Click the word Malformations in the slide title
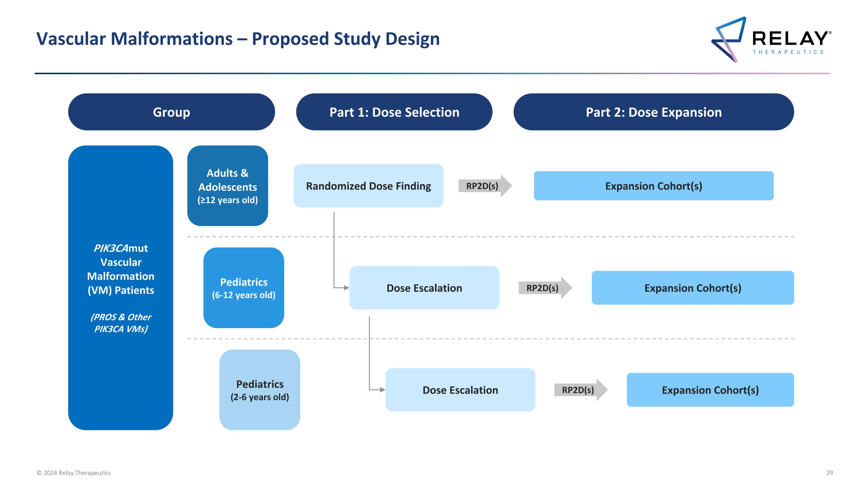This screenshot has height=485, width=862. tap(171, 39)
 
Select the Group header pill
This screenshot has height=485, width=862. tap(171, 112)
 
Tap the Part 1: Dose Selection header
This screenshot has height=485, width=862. tap(394, 112)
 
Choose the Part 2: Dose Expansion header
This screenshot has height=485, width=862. tap(653, 112)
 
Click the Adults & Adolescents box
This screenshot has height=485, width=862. tap(228, 185)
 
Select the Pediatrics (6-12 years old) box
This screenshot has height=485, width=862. tap(244, 287)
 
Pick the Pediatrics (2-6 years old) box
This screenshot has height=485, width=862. tap(260, 390)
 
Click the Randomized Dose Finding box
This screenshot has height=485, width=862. tap(368, 186)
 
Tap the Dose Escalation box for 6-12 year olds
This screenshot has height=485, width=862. tap(424, 288)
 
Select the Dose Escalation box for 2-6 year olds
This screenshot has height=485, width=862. tap(460, 390)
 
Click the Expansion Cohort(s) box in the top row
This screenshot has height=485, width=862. tap(653, 186)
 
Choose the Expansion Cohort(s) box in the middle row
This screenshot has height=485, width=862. tap(692, 288)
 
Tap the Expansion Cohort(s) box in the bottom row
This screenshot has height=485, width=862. tap(710, 390)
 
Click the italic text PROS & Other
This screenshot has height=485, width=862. tap(121, 317)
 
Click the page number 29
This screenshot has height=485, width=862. tap(829, 473)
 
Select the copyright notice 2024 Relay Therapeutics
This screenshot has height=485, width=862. tap(74, 473)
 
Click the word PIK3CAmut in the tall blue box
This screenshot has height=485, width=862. tap(120, 248)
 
